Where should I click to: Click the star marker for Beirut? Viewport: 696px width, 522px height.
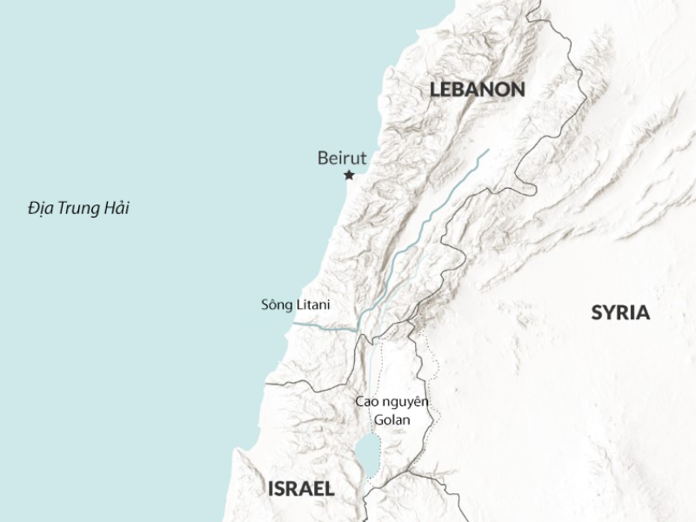[x=350, y=175]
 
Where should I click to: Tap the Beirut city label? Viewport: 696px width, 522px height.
[x=342, y=157]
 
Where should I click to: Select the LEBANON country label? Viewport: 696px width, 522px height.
[x=477, y=89]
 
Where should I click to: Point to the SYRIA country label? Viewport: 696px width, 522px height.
[x=620, y=313]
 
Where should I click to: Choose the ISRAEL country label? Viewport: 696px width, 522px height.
[x=300, y=489]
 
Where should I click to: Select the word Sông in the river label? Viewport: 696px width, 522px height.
[x=275, y=305]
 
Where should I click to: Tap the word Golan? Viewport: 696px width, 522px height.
[x=391, y=419]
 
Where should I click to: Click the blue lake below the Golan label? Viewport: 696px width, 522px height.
[x=368, y=453]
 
